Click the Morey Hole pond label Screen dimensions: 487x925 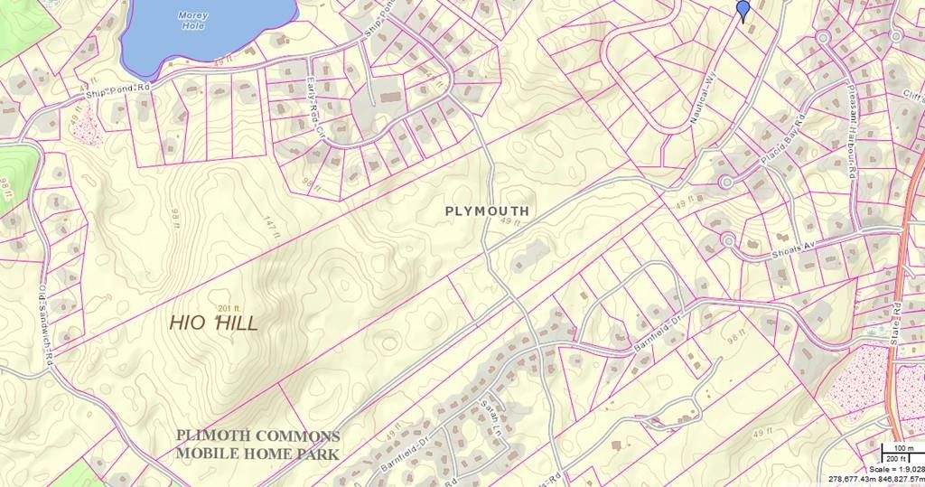click(x=192, y=21)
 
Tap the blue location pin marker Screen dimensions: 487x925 click(x=743, y=10)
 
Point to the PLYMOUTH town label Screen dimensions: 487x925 click(x=487, y=211)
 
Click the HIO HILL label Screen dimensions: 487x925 click(x=214, y=323)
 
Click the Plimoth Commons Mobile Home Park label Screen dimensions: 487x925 click(x=257, y=445)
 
